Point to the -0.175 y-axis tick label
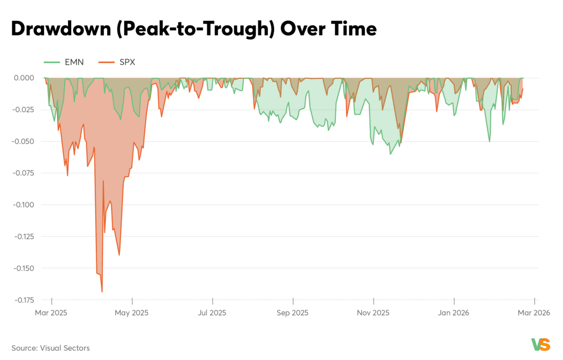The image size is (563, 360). click(x=23, y=300)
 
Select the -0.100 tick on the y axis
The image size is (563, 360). click(x=23, y=205)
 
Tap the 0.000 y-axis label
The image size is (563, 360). click(x=24, y=78)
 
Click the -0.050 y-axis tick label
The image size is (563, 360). click(x=23, y=141)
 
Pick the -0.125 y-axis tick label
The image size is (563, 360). click(x=23, y=237)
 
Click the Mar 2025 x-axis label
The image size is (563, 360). click(x=51, y=312)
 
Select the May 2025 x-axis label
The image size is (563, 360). click(x=132, y=312)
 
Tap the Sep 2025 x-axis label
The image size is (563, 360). click(x=293, y=312)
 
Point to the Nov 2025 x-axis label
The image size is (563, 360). click(x=374, y=312)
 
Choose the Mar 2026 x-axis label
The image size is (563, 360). click(x=534, y=312)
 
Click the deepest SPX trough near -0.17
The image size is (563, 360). click(x=102, y=291)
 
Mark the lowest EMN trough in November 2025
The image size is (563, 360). click(x=390, y=154)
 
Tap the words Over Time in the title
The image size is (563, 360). click(x=328, y=29)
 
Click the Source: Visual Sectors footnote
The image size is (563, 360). click(x=51, y=348)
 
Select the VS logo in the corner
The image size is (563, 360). click(x=540, y=345)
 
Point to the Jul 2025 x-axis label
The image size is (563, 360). click(x=212, y=312)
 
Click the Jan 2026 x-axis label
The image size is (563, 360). click(x=454, y=312)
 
